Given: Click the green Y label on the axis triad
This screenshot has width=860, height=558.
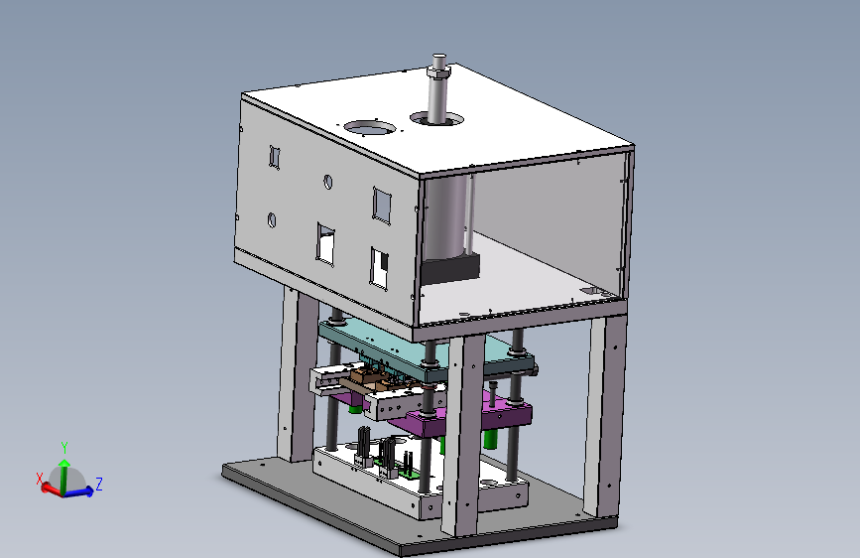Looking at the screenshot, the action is click(64, 447).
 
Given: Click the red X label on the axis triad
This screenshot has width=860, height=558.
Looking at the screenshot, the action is click(40, 479).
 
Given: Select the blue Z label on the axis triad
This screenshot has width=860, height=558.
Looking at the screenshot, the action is click(99, 484).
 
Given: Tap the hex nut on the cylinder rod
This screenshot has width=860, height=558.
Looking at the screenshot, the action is click(438, 71).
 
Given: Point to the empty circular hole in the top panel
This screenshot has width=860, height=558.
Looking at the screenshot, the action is click(370, 128).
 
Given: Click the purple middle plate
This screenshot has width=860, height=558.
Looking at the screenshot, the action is click(466, 415).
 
